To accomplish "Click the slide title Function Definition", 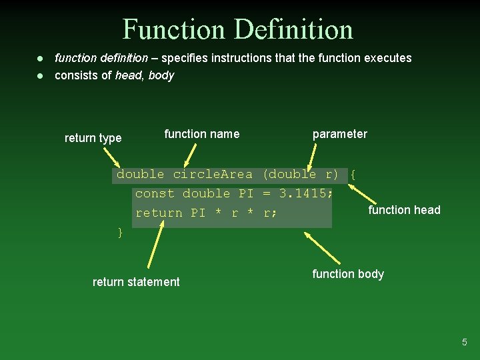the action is pos(237,29).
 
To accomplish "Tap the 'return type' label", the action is pos(93,138).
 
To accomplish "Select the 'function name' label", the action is pos(201,134).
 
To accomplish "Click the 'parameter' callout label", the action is pos(339,134).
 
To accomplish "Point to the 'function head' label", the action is pos(404,210).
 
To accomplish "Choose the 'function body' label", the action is pos(347,274).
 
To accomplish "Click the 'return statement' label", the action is pos(136,282).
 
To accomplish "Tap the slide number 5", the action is pos(465,342).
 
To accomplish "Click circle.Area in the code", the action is pos(213,175).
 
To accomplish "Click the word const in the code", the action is pos(155,194).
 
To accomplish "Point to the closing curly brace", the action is pos(120,232).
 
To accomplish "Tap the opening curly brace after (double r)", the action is pos(353,175).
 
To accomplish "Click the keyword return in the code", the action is pos(159,213).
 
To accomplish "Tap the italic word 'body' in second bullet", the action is pos(161,75).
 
